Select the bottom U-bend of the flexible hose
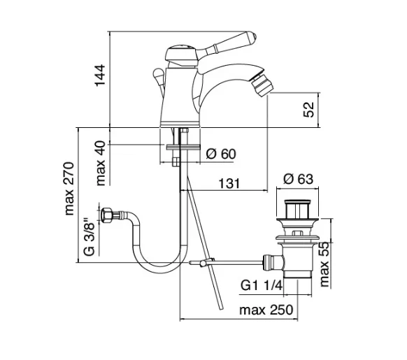(x=157, y=265)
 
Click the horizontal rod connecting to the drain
(x=234, y=262)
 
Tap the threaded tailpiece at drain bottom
(x=297, y=285)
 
